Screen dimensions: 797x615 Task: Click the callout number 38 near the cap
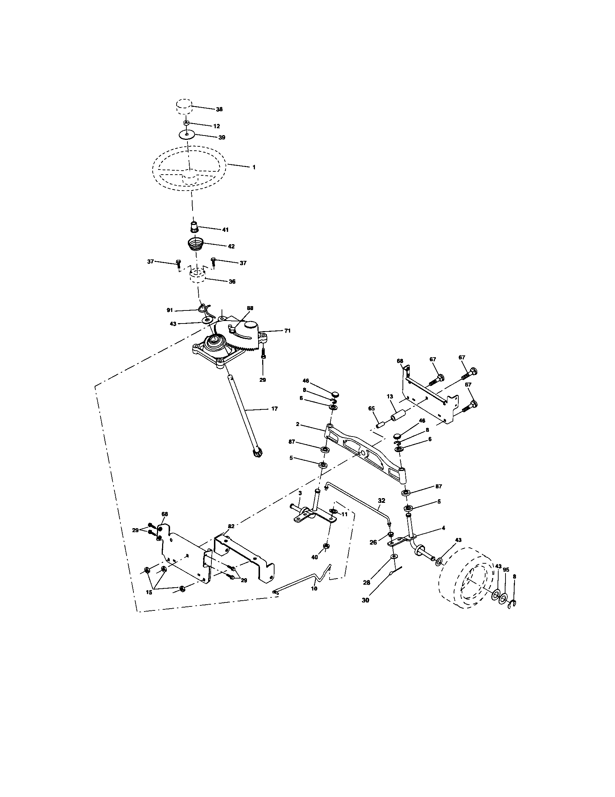(x=219, y=109)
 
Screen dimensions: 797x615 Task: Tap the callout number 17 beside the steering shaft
(x=274, y=409)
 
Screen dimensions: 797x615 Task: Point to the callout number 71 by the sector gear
(x=288, y=331)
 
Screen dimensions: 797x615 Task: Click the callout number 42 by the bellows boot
(x=231, y=246)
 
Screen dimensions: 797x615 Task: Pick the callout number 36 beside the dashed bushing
(x=232, y=281)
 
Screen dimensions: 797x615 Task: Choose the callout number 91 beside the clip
(x=169, y=310)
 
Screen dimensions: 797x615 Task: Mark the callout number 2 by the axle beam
(x=298, y=424)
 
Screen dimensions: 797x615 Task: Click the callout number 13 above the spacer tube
(x=390, y=396)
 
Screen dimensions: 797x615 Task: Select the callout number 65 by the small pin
(x=371, y=409)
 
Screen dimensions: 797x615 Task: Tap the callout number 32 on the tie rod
(x=381, y=501)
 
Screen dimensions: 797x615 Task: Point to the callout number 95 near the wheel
(x=506, y=569)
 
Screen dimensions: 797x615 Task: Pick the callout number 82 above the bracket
(x=231, y=526)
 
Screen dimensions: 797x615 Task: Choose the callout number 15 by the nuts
(x=149, y=592)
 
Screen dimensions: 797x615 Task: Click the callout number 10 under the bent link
(x=314, y=588)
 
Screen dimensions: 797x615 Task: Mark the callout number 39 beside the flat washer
(x=221, y=138)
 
